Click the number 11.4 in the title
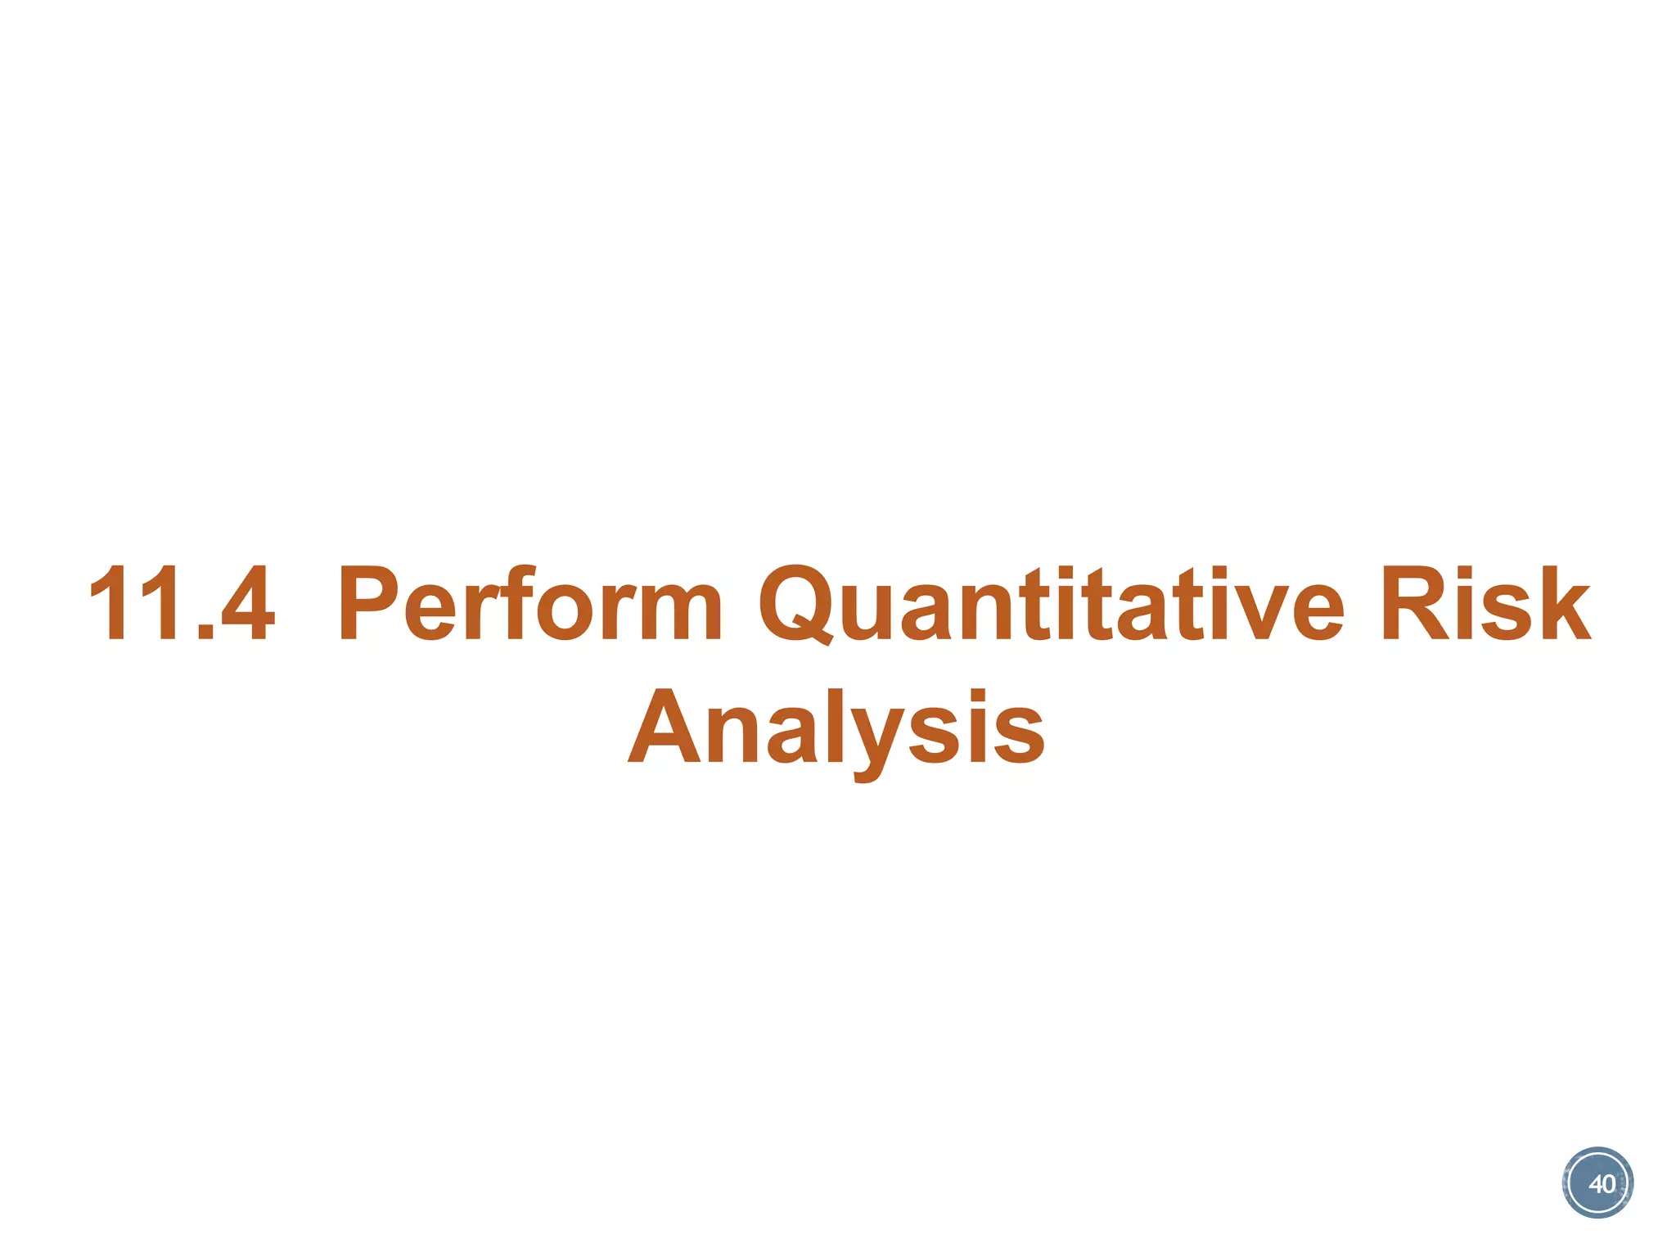pyautogui.click(x=182, y=604)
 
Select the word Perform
pyautogui.click(x=530, y=604)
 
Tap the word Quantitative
pyautogui.click(x=1052, y=604)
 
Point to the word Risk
pyautogui.click(x=1485, y=604)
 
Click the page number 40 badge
pyautogui.click(x=1597, y=1183)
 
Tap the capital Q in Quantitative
pyautogui.click(x=799, y=604)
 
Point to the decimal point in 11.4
pyautogui.click(x=206, y=632)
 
